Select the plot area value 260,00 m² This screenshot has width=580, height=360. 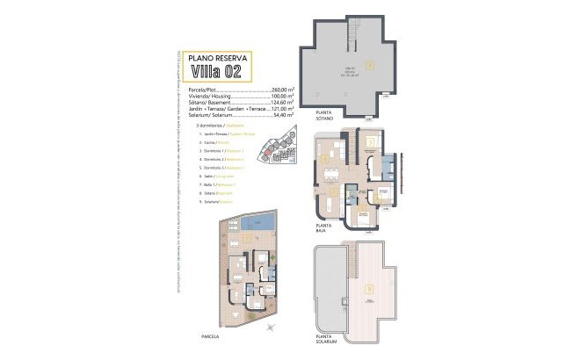285,90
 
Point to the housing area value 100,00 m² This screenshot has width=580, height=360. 285,97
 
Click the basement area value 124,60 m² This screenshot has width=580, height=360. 285,104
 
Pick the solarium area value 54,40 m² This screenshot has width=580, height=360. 286,117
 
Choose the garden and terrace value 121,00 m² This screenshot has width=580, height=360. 285,111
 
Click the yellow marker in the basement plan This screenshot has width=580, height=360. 370,64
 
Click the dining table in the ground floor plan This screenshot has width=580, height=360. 328,200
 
